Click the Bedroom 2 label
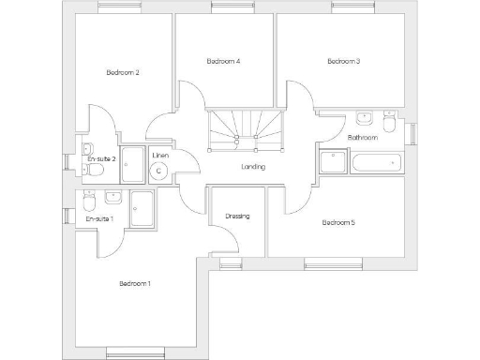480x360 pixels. (123, 73)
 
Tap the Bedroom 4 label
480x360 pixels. (223, 62)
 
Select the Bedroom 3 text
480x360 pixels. (343, 62)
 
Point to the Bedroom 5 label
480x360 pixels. (338, 223)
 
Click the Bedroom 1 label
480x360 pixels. (135, 283)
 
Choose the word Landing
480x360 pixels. (252, 167)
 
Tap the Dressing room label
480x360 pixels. (237, 217)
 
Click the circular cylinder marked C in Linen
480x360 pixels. (159, 171)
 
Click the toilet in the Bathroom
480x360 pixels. (389, 122)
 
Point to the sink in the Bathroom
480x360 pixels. (364, 119)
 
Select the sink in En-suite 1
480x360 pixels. (112, 198)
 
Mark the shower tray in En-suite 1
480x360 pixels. (142, 208)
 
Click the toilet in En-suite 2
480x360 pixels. (87, 149)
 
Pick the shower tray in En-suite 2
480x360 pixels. (131, 163)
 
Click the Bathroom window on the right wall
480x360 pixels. (412, 133)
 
